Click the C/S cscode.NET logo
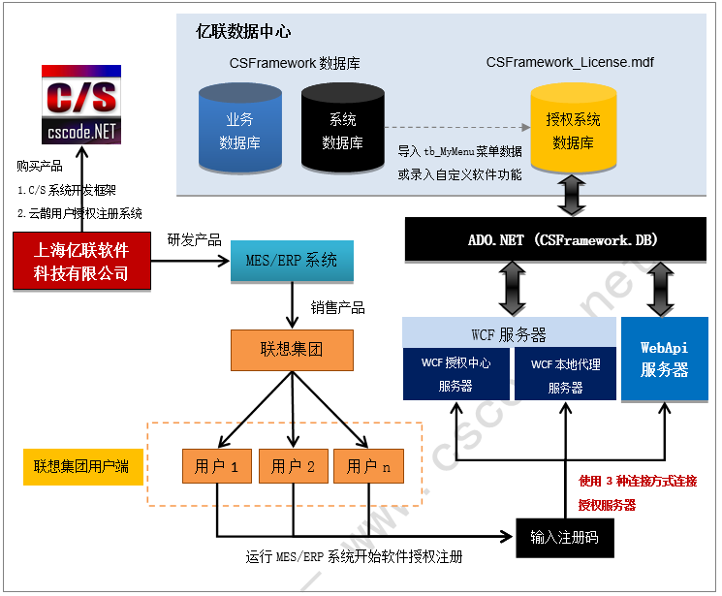point(81,105)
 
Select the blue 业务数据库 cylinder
point(239,131)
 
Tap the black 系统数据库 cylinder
point(342,131)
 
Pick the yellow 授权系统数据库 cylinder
point(573,131)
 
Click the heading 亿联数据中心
point(243,32)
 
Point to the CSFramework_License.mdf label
point(570,63)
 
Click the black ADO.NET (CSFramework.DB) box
point(557,239)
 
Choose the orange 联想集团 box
point(292,349)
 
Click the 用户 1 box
point(217,466)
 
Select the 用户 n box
point(368,466)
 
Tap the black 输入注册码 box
point(565,536)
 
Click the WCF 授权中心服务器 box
point(455,374)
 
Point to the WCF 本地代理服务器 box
point(565,374)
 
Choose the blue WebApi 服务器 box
point(664,359)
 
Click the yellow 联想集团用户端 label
point(76,467)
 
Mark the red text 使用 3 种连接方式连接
point(637,481)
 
